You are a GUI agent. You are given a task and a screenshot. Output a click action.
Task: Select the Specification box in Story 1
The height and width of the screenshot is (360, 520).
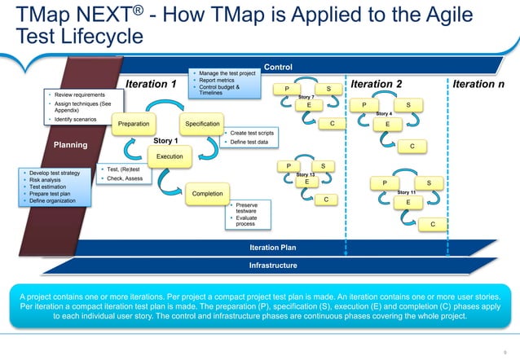tap(203, 124)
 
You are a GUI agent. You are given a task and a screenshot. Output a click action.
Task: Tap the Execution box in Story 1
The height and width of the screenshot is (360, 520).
tap(170, 156)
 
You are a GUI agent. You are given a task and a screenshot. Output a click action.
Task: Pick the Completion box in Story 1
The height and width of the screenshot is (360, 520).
tap(208, 193)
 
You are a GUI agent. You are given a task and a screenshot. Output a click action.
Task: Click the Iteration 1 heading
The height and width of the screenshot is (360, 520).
tap(151, 84)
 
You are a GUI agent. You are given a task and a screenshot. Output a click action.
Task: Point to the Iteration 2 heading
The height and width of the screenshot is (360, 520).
tap(376, 84)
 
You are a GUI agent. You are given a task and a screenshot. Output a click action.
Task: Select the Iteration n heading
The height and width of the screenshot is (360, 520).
tap(484, 84)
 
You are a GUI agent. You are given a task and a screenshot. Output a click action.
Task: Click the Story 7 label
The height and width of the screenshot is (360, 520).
tap(307, 97)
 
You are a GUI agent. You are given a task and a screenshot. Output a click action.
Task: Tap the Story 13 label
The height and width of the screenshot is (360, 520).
tap(306, 174)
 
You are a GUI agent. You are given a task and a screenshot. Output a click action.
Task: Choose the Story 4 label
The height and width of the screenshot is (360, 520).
tap(384, 114)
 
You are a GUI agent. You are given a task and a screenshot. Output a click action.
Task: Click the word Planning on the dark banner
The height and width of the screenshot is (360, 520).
tap(69, 145)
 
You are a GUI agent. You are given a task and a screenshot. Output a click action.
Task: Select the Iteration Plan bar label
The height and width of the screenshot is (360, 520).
tap(272, 247)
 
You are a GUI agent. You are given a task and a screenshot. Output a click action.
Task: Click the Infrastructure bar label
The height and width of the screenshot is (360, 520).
tap(272, 265)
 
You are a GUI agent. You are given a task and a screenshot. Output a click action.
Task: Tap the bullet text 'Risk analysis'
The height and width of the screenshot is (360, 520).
tap(46, 180)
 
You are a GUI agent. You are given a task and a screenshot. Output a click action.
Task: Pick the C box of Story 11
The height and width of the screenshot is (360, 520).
tap(433, 223)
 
